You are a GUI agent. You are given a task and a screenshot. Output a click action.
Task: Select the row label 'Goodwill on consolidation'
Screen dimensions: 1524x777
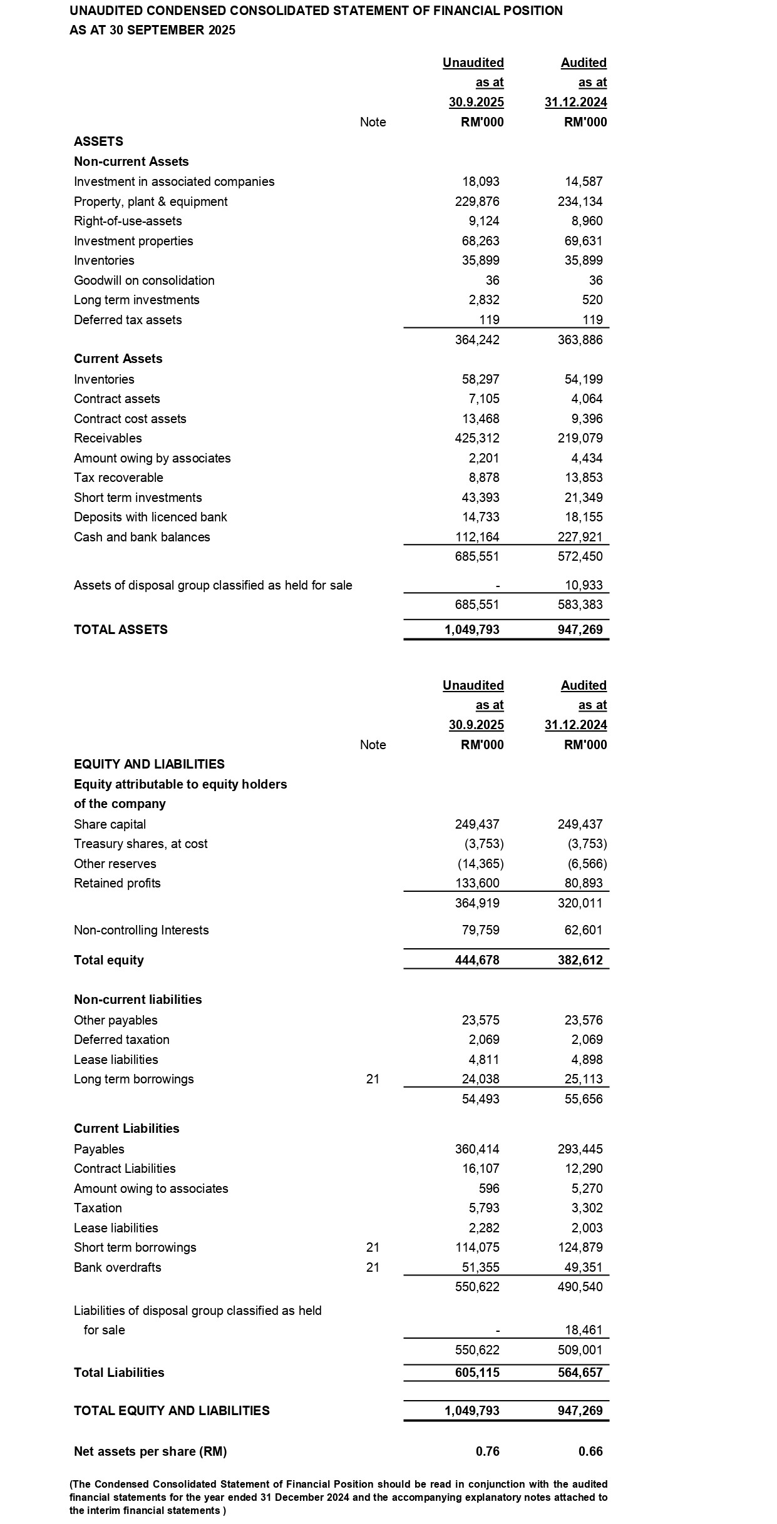click(144, 280)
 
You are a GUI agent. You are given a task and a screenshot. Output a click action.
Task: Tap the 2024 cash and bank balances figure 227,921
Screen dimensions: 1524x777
click(580, 537)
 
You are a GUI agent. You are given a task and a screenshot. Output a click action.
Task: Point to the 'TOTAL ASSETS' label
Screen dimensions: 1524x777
click(121, 630)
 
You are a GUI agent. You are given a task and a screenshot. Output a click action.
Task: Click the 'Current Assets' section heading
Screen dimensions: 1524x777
click(118, 359)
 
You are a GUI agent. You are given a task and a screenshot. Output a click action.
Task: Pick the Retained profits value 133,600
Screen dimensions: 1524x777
click(477, 883)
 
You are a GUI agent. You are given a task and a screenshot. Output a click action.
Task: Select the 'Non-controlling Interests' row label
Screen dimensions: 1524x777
click(142, 930)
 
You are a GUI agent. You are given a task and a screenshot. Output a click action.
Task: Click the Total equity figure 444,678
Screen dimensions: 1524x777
click(477, 960)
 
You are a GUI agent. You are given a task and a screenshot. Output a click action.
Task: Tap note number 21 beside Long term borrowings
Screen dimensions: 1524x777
click(373, 1079)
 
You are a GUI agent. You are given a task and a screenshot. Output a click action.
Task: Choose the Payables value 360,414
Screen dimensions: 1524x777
click(477, 1149)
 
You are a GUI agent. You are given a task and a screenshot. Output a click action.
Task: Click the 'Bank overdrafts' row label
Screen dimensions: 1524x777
click(118, 1267)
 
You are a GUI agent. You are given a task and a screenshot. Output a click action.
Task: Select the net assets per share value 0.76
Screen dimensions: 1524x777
click(488, 1451)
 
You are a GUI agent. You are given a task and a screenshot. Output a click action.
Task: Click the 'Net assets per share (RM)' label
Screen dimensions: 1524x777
click(150, 1451)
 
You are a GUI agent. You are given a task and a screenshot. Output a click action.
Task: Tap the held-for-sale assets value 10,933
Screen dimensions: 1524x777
click(584, 585)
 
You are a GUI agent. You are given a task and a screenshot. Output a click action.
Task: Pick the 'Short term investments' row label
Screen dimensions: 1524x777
click(138, 498)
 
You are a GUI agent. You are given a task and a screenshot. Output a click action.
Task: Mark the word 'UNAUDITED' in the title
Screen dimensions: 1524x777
click(106, 11)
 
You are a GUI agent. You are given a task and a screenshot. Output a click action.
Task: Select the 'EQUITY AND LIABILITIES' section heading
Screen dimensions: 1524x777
click(149, 764)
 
